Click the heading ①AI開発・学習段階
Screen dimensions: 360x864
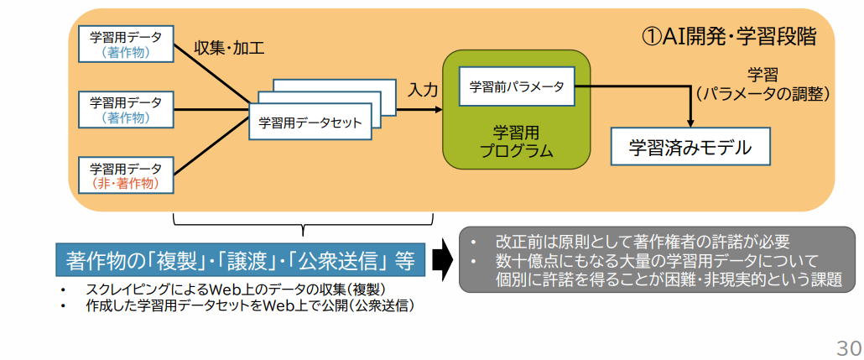pyautogui.click(x=728, y=37)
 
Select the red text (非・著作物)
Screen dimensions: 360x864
pyautogui.click(x=126, y=182)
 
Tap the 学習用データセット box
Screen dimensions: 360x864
pyautogui.click(x=310, y=123)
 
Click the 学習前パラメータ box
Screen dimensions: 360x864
pyautogui.click(x=516, y=86)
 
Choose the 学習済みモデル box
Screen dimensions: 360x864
pyautogui.click(x=690, y=149)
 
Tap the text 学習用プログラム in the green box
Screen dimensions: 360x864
pyautogui.click(x=516, y=143)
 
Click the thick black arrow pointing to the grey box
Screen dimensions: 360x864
pyautogui.click(x=442, y=260)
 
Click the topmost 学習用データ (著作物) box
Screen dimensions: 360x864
pyautogui.click(x=126, y=44)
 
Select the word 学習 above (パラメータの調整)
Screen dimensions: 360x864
pyautogui.click(x=763, y=73)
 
